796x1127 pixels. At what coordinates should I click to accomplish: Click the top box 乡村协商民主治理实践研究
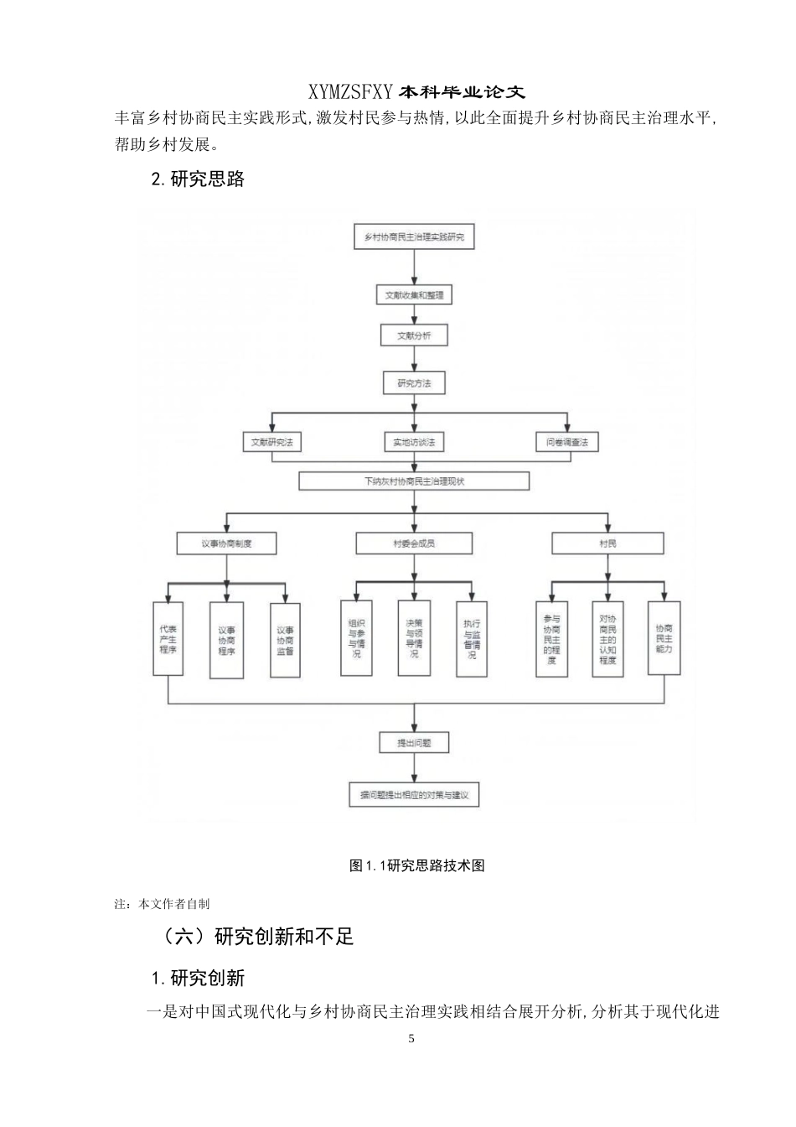414,237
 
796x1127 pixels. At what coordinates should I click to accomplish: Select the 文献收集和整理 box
414,295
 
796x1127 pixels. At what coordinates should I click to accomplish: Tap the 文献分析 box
414,335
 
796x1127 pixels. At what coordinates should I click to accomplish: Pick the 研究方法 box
414,383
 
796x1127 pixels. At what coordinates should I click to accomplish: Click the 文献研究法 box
271,442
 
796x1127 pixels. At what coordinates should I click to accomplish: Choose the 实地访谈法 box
414,442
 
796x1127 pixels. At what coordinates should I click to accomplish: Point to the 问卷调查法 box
567,442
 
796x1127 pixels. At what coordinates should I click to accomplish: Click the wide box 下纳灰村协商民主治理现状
414,481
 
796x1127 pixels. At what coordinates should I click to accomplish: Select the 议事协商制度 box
226,543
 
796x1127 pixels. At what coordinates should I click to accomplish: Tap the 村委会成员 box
414,543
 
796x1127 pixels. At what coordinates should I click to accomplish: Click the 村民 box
607,543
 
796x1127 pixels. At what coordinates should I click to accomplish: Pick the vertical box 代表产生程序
168,639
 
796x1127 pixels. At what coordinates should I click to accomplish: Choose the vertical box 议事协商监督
285,640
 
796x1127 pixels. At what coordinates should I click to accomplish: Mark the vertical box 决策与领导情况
414,639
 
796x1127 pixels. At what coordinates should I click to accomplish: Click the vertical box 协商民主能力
664,639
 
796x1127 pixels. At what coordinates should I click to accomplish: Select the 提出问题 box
414,742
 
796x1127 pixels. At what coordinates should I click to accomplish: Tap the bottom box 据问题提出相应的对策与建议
414,795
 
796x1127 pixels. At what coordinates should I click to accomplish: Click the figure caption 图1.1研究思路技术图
416,865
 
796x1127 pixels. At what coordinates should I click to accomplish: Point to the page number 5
411,1039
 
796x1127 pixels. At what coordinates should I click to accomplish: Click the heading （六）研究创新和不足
258,937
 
